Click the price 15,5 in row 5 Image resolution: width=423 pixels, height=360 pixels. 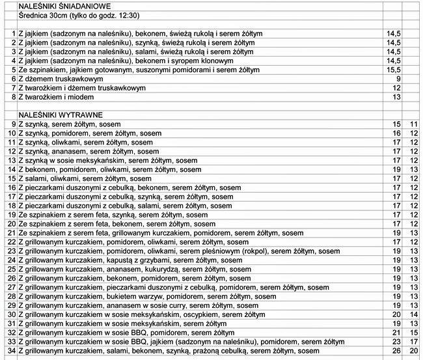(393, 70)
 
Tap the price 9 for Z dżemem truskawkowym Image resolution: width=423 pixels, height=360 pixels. (397, 79)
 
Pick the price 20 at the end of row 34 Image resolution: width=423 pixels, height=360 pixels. (413, 352)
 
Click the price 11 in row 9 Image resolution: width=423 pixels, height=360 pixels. (413, 124)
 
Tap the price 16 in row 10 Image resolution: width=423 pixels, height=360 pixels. (396, 133)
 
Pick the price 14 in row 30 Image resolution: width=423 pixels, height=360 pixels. (413, 315)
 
